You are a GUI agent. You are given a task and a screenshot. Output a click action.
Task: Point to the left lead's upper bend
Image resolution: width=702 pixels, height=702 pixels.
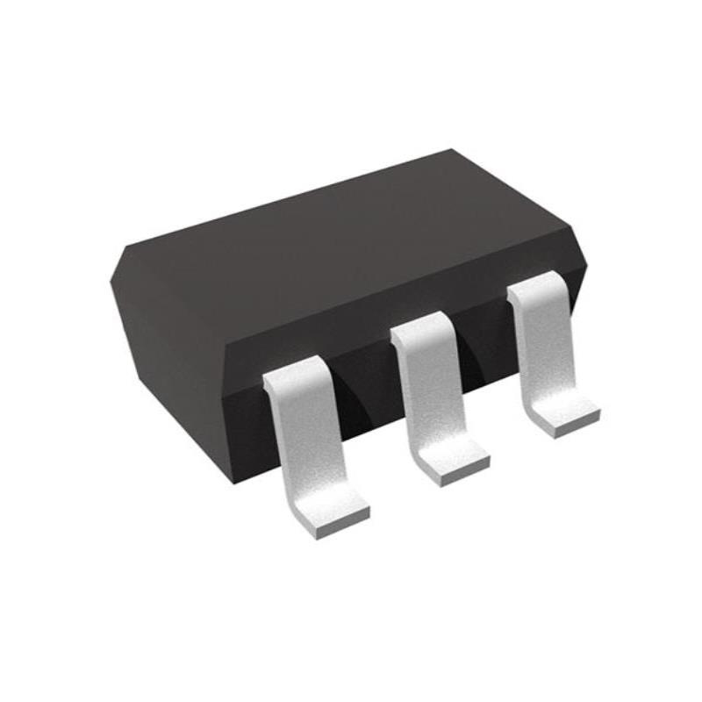[294, 372]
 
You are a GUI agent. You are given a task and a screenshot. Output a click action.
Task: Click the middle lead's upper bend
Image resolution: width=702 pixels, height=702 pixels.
[420, 330]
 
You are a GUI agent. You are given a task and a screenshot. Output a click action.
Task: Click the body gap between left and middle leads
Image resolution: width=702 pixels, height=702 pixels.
[364, 386]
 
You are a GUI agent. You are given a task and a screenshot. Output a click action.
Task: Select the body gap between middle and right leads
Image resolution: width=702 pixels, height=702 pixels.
[483, 351]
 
